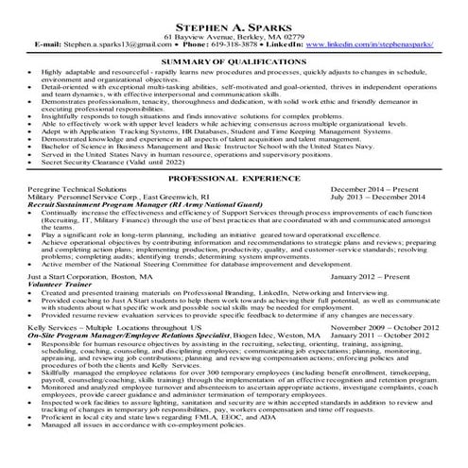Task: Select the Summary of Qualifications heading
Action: tap(234, 61)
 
